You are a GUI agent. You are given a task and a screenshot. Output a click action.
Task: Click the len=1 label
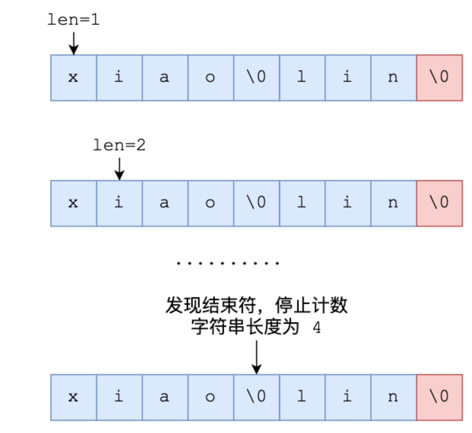pos(74,19)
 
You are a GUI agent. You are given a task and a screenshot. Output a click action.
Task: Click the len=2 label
pos(119,145)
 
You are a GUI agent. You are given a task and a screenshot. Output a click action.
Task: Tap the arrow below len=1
pos(74,43)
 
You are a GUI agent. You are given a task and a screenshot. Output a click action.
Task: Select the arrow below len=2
pos(119,169)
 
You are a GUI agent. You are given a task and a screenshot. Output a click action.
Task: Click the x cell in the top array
pos(74,78)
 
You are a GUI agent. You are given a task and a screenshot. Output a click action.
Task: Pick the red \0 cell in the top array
pos(439,78)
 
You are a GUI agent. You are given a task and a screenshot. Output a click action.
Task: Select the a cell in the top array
pos(165,78)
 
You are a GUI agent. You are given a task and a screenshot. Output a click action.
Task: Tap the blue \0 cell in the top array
pos(256,78)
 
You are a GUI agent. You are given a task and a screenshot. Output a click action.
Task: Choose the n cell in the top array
pos(394,78)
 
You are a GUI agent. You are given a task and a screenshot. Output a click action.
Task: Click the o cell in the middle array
pos(211,203)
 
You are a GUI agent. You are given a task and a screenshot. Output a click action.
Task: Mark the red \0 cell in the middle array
pos(439,203)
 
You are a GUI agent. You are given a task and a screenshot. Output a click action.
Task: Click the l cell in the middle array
pos(302,203)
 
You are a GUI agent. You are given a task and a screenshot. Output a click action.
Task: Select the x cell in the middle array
pos(74,203)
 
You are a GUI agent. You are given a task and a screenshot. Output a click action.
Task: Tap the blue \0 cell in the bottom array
pos(256,397)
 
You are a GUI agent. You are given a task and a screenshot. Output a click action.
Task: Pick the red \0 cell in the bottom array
pos(439,397)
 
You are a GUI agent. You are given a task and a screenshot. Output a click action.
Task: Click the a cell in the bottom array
pos(165,397)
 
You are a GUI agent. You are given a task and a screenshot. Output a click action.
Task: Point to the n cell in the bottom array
pos(394,397)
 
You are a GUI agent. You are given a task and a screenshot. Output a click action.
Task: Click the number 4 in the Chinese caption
pos(317,327)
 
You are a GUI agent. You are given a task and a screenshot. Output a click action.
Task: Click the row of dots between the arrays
pos(228,263)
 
